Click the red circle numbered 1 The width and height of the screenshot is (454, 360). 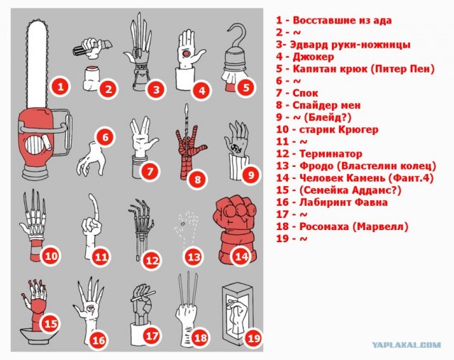coord(61,87)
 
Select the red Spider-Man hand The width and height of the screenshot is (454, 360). coord(189,146)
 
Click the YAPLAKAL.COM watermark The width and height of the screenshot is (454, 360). coord(406,345)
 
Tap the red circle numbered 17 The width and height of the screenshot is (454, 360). coord(151,336)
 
